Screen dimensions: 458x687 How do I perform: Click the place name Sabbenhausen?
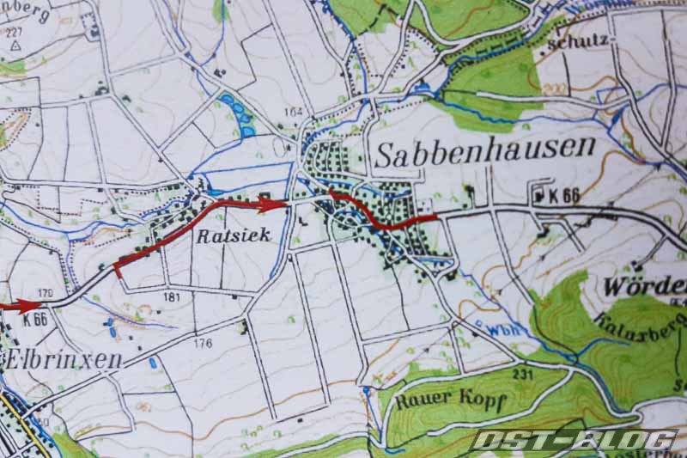[485, 153]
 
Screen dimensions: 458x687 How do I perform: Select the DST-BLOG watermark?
[572, 441]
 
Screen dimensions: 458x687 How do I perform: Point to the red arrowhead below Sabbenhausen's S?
[337, 197]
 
